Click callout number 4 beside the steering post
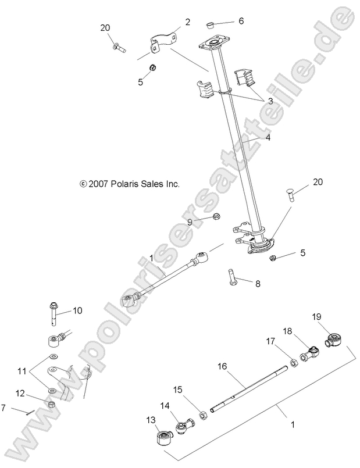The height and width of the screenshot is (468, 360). tap(252, 139)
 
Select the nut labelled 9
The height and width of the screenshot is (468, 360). tap(215, 217)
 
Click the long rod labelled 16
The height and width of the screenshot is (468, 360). tap(250, 389)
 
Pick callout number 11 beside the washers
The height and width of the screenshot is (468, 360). tap(22, 370)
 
